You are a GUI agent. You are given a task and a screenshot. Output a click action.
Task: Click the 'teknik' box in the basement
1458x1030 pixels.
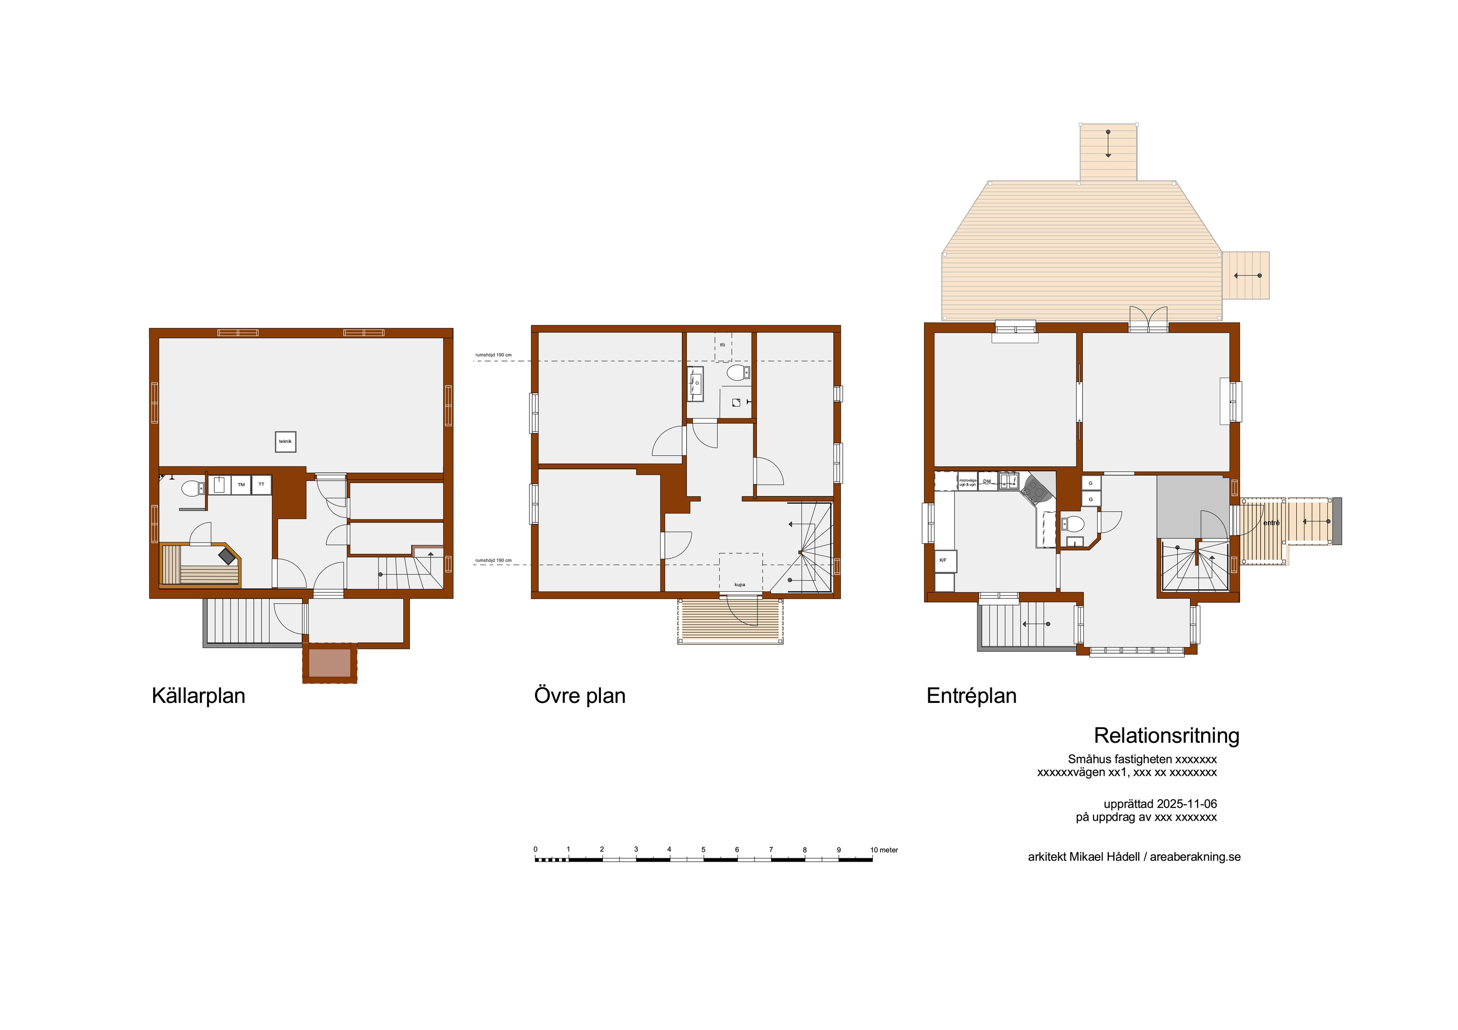pyautogui.click(x=285, y=442)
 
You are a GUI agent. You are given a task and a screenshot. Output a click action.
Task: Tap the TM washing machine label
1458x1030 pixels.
pyautogui.click(x=241, y=485)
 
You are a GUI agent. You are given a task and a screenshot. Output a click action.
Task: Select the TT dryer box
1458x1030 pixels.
pyautogui.click(x=261, y=485)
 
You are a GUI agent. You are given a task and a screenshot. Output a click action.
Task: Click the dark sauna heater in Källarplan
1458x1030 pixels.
pyautogui.click(x=227, y=556)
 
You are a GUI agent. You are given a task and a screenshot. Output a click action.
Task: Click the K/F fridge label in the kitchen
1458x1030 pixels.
pyautogui.click(x=943, y=560)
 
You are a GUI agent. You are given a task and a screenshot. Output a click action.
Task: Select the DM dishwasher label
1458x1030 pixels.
pyautogui.click(x=987, y=482)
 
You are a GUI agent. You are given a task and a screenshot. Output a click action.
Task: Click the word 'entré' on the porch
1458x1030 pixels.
pyautogui.click(x=1271, y=523)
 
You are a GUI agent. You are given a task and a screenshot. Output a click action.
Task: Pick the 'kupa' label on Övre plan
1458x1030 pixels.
pyautogui.click(x=740, y=585)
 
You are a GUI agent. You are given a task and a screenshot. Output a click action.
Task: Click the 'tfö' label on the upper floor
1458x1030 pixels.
pyautogui.click(x=723, y=345)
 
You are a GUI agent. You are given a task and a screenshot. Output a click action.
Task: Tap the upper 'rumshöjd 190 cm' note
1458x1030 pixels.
pyautogui.click(x=493, y=355)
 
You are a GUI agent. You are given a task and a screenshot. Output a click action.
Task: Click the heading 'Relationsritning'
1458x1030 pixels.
pyautogui.click(x=1166, y=735)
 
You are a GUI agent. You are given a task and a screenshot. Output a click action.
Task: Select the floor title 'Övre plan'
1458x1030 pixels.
pyautogui.click(x=580, y=696)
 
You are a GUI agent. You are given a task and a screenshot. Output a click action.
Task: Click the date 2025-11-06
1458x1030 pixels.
pyautogui.click(x=1187, y=803)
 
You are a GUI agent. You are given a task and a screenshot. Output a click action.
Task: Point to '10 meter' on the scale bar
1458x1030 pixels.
pyautogui.click(x=884, y=850)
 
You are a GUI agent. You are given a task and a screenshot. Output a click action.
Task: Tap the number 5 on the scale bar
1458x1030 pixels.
pyautogui.click(x=703, y=850)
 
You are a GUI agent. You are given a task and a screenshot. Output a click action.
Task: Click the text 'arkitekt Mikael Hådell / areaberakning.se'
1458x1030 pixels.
pyautogui.click(x=1134, y=857)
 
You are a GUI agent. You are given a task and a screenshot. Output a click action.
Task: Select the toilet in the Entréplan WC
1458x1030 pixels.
pyautogui.click(x=1073, y=524)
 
